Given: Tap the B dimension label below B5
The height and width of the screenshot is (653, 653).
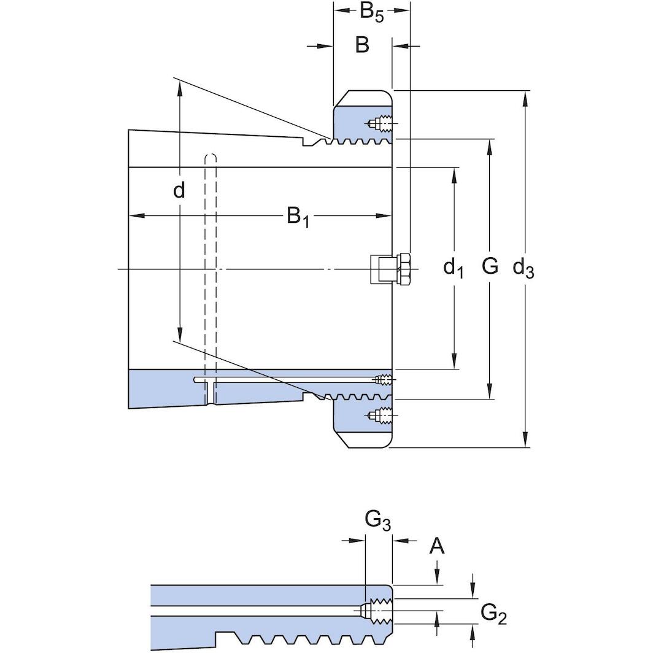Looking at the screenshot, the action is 362,45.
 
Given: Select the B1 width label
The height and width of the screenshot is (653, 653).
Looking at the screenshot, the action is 298,217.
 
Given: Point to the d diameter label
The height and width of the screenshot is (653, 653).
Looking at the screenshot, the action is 179,190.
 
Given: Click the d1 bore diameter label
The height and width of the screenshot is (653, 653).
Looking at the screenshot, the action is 454,268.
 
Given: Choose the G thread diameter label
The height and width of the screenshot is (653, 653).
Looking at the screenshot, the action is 490,266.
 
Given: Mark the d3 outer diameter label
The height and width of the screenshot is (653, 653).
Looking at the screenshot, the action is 523,268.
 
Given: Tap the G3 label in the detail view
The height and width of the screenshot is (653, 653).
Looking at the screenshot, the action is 377,521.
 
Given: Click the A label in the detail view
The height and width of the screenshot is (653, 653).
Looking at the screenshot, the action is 437,546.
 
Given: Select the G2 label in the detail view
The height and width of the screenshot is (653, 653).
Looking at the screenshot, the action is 493,614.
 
